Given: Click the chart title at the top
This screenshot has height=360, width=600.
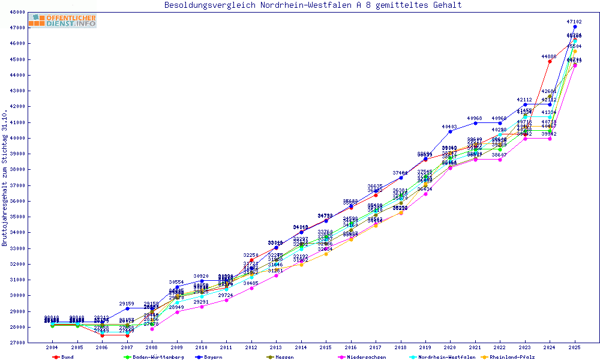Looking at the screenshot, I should click(x=313, y=5).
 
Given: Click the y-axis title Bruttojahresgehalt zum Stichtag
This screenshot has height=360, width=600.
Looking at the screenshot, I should click(x=5, y=178).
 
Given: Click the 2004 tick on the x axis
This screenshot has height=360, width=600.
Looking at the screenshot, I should click(x=52, y=347).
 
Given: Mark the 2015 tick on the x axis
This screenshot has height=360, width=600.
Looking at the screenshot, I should click(x=326, y=347).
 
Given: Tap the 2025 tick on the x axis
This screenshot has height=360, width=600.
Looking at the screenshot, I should click(x=575, y=347).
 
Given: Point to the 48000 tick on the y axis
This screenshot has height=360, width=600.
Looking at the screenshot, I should click(x=17, y=12).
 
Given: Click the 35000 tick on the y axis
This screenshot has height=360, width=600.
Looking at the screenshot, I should click(x=17, y=217).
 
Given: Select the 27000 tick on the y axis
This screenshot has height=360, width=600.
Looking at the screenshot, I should click(x=17, y=343).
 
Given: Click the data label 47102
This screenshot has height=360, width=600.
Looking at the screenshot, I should click(x=574, y=22).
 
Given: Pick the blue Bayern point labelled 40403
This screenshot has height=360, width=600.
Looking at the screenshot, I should click(x=451, y=131).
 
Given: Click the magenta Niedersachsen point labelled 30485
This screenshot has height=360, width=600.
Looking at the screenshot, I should click(x=251, y=288).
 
